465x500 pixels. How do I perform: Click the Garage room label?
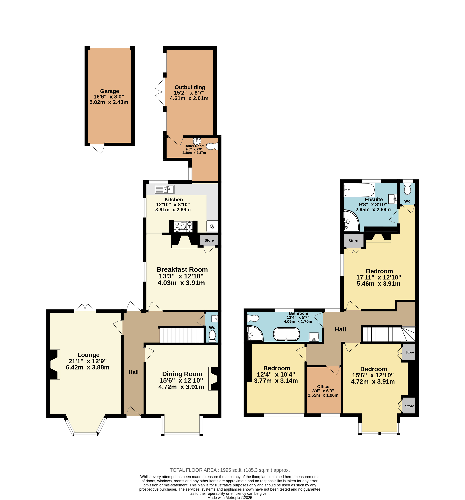click(109, 91)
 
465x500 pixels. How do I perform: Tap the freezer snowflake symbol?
click(212, 226)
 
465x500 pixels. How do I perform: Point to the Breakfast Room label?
click(182, 269)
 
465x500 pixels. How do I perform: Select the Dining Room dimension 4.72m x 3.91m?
click(181, 387)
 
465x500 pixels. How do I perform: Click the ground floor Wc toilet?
click(212, 336)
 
